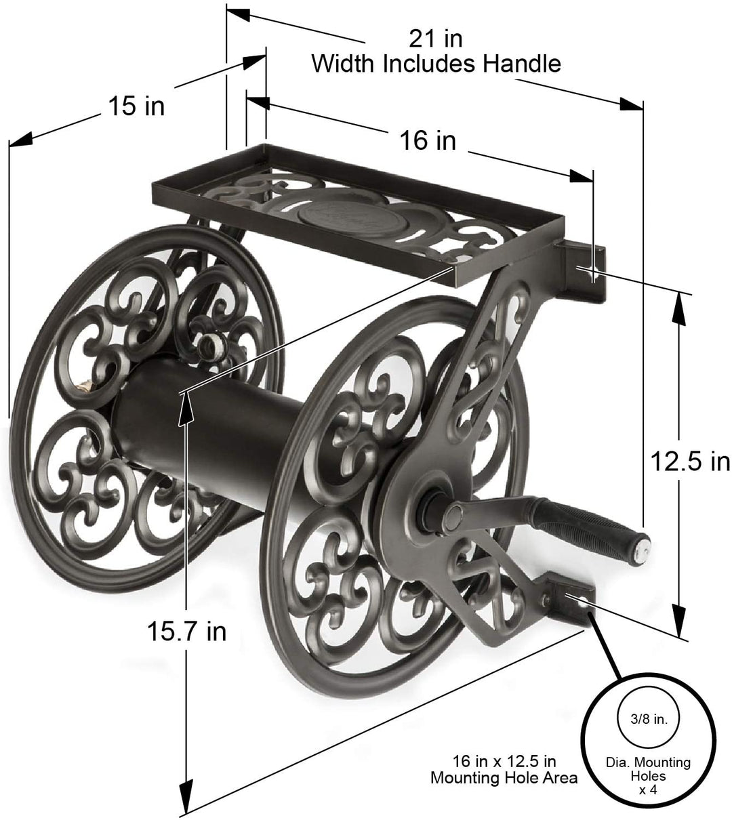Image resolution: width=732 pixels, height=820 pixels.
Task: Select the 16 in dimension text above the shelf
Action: [427, 140]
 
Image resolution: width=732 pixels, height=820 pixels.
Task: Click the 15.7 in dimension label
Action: [186, 631]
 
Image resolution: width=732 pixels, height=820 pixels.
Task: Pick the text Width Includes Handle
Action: [435, 64]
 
